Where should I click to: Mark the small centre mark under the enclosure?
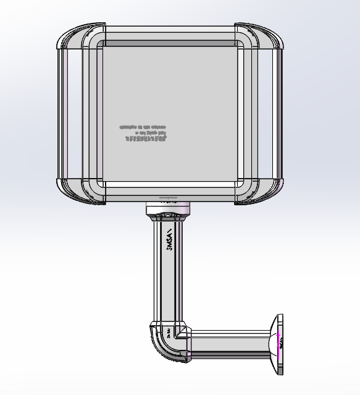[168, 199]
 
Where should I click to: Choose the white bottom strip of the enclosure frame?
[170, 185]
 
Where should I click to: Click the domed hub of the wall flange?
[272, 344]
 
